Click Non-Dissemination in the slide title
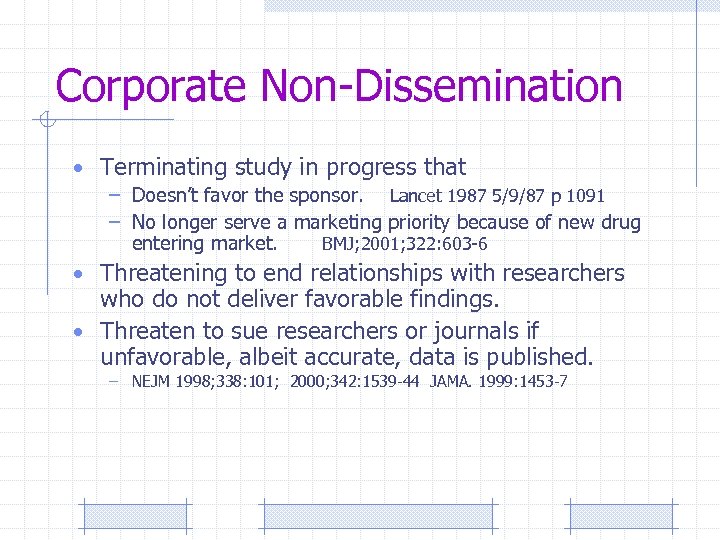(441, 87)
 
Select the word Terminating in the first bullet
(164, 167)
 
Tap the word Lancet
(417, 195)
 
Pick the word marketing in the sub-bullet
(337, 222)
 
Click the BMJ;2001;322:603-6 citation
(404, 244)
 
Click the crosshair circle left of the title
(44, 121)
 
